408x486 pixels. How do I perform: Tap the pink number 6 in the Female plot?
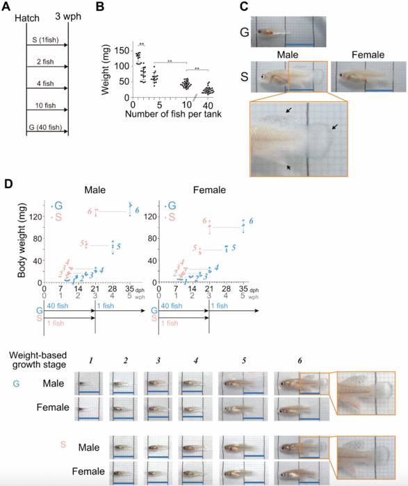pos(205,221)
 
